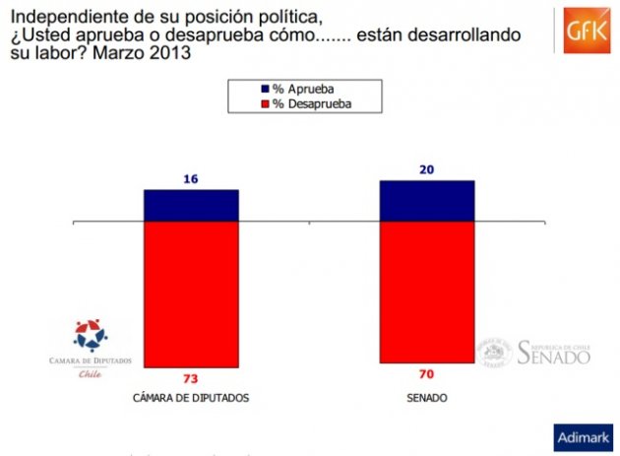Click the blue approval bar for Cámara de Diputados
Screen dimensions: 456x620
coord(191,205)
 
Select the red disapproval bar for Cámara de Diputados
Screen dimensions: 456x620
coord(191,293)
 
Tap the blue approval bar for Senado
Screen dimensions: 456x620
coord(427,201)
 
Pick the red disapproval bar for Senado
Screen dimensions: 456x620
coord(427,292)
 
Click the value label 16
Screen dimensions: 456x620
coord(191,179)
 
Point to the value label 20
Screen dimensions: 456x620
coord(427,169)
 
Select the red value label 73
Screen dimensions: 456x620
coord(191,379)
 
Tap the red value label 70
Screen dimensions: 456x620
coord(427,375)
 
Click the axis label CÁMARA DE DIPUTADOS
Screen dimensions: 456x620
coord(191,398)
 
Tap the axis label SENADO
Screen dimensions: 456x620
coord(427,398)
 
